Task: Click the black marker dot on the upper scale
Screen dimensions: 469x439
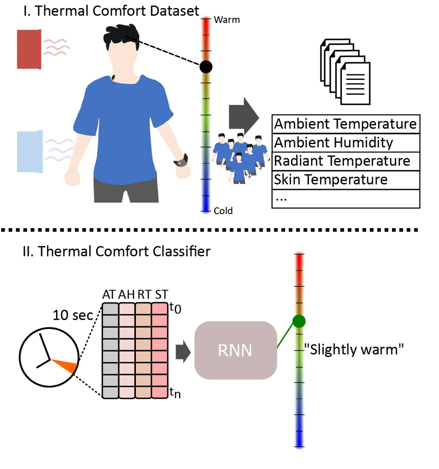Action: (206, 67)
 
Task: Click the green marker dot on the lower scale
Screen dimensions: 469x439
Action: (299, 321)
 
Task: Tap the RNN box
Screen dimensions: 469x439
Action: (235, 350)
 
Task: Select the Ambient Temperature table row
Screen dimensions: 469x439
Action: (345, 124)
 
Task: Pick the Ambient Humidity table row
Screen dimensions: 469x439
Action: (345, 143)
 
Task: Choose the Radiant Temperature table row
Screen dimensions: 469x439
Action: (345, 161)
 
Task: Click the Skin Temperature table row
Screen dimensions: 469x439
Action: (345, 180)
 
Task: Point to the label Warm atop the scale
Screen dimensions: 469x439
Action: (227, 20)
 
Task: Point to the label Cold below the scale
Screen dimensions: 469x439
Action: (223, 211)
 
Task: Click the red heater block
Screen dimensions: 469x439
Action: (29, 49)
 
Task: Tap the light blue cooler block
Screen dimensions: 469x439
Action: (30, 151)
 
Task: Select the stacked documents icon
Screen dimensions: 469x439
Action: (345, 72)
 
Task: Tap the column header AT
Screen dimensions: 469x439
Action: (109, 295)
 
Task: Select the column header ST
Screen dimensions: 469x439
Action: (161, 295)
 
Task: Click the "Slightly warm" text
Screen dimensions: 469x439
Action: (354, 349)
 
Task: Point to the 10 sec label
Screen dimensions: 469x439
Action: (73, 315)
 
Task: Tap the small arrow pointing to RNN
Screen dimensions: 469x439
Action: (183, 351)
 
